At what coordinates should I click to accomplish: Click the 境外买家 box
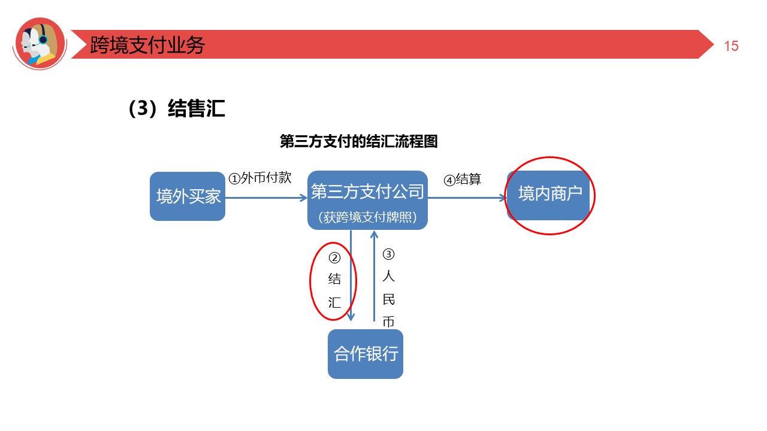click(188, 196)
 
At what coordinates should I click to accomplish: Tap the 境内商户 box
click(550, 195)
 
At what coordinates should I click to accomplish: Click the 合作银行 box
click(366, 353)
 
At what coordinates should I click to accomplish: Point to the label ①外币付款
click(260, 178)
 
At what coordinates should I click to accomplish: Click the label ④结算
click(462, 180)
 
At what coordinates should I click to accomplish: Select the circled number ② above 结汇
click(334, 258)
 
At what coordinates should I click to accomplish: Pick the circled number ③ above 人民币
click(388, 254)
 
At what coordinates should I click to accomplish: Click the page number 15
click(731, 46)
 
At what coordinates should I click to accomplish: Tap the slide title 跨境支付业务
click(147, 45)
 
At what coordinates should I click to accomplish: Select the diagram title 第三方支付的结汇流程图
click(359, 142)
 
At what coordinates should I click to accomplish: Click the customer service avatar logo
click(40, 43)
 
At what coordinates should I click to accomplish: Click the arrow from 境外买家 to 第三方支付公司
click(266, 197)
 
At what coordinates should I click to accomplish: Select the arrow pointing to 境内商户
click(467, 197)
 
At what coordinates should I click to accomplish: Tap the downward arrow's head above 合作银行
click(351, 317)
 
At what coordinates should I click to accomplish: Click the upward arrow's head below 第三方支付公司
click(375, 234)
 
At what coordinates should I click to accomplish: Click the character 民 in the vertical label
click(388, 299)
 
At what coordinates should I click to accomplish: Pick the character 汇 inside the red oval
click(334, 302)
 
